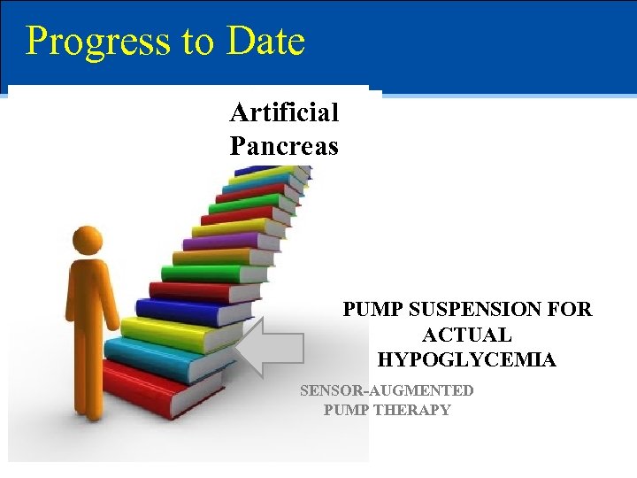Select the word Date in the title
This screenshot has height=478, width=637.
pyautogui.click(x=265, y=41)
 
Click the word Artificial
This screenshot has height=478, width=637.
pyautogui.click(x=284, y=112)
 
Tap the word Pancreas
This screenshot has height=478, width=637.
pyautogui.click(x=284, y=144)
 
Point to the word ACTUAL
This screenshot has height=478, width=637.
pyautogui.click(x=466, y=335)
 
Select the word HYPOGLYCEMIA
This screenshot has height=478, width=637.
pyautogui.click(x=466, y=359)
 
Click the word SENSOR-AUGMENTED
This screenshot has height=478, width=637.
pyautogui.click(x=387, y=390)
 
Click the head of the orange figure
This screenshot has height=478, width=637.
pyautogui.click(x=88, y=239)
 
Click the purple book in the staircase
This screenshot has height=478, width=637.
pyautogui.click(x=226, y=241)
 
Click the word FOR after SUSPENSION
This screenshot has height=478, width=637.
pyautogui.click(x=571, y=310)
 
